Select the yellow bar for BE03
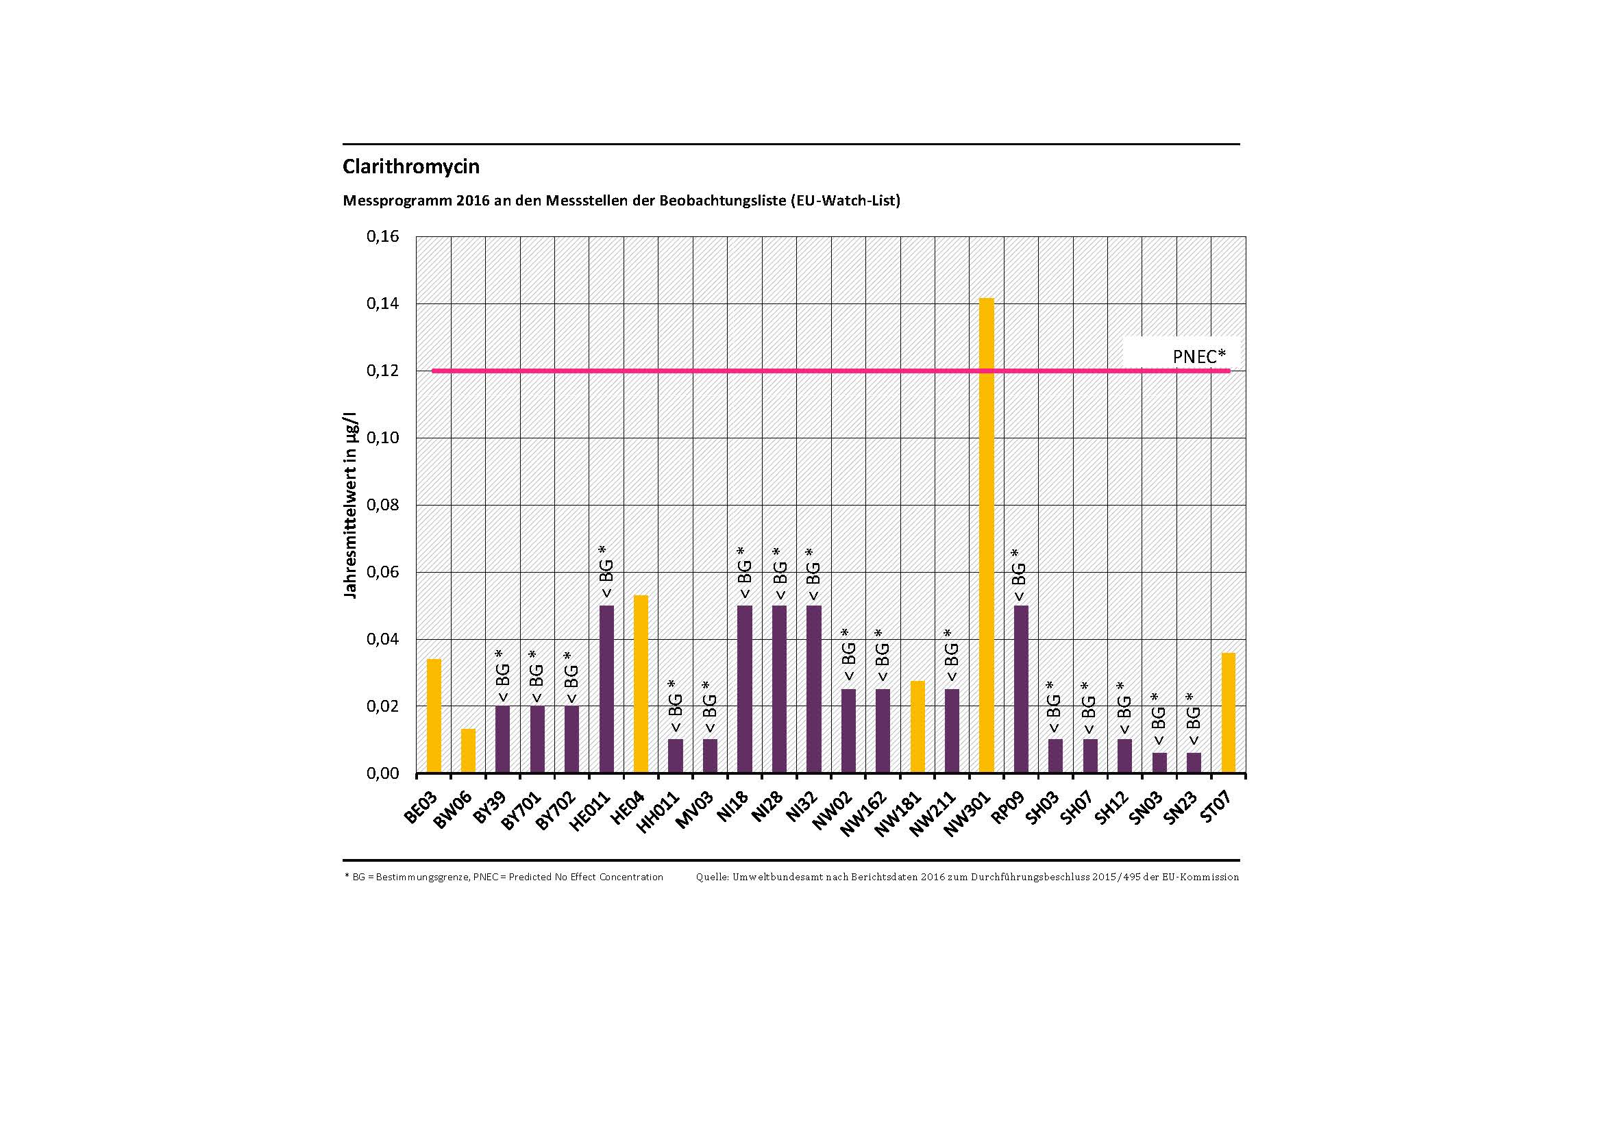click(433, 716)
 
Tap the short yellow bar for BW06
click(468, 751)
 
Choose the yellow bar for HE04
click(641, 684)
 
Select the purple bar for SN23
click(1193, 762)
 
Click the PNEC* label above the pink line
click(1198, 356)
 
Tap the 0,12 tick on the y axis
click(382, 371)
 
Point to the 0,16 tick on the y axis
click(382, 236)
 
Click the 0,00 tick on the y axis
click(382, 773)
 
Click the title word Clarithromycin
click(411, 166)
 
